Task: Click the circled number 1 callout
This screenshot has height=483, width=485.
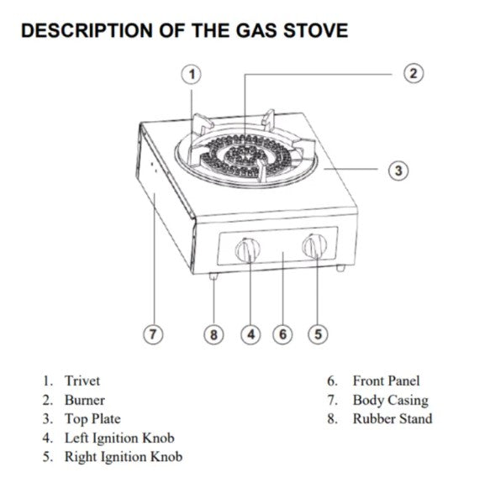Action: click(192, 74)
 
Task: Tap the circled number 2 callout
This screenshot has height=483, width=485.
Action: click(413, 73)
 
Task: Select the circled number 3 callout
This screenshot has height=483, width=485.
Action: click(399, 171)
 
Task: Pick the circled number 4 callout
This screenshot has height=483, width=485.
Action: click(250, 334)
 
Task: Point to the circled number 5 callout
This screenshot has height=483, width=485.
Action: click(318, 334)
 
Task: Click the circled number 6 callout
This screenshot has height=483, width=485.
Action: click(283, 334)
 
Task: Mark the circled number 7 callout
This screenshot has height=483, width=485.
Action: click(152, 334)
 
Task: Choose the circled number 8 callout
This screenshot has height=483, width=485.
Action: click(214, 334)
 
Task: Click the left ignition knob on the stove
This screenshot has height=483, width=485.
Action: click(248, 249)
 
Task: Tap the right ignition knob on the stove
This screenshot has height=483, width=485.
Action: click(315, 246)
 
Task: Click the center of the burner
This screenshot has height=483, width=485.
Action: click(245, 155)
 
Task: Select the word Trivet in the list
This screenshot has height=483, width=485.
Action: click(82, 381)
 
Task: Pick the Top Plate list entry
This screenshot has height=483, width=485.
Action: click(92, 419)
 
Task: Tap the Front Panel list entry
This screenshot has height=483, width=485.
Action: click(386, 381)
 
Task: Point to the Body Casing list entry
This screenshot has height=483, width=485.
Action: click(390, 401)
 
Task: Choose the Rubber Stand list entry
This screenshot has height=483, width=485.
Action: click(392, 419)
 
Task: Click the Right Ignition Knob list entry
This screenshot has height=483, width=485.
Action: click(123, 457)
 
